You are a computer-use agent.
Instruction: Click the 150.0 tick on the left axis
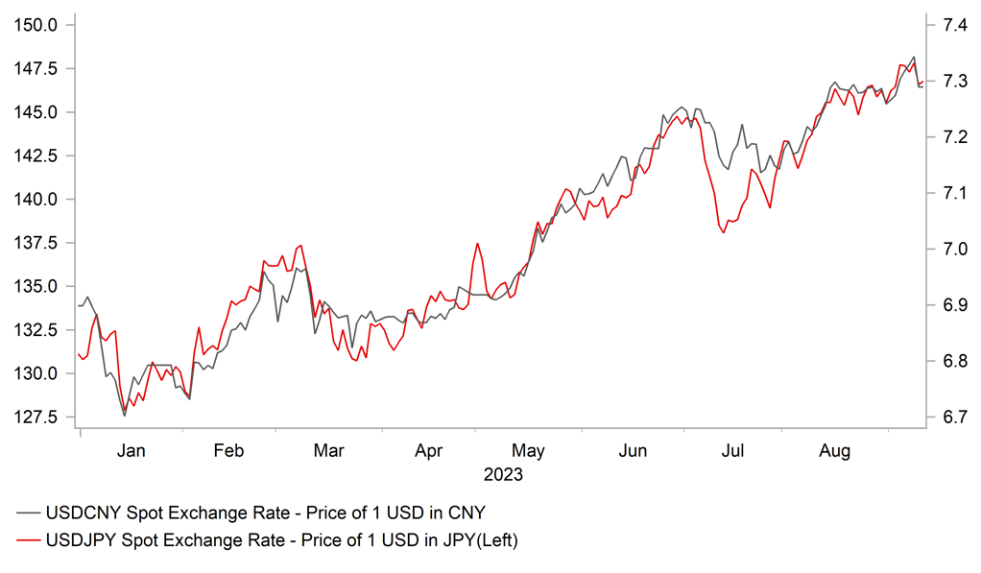[34, 25]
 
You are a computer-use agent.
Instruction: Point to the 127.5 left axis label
[34, 418]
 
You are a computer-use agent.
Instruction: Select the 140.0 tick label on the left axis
[34, 200]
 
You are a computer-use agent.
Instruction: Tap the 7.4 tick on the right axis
[945, 25]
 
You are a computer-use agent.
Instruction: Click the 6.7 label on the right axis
[945, 418]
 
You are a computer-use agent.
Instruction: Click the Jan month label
[131, 450]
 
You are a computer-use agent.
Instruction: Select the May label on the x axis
[528, 450]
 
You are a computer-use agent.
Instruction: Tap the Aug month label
[834, 450]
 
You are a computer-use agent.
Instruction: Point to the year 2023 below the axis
[503, 474]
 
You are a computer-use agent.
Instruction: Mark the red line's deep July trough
[724, 232]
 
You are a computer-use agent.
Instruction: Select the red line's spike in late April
[476, 244]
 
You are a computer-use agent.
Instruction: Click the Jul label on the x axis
[734, 450]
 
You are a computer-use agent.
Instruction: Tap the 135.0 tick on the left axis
[34, 287]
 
